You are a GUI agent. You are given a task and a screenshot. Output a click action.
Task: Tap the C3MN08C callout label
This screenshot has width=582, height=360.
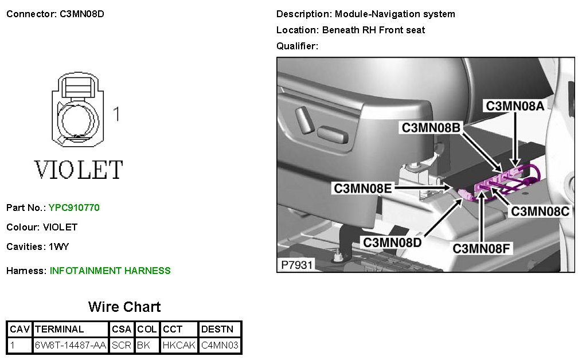click(540, 211)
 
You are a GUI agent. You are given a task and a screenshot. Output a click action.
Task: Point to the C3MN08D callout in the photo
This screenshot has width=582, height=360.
click(392, 242)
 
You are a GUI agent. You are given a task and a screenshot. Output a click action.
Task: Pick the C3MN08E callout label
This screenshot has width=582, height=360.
click(363, 188)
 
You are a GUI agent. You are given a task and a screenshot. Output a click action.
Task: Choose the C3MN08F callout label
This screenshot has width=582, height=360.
click(482, 249)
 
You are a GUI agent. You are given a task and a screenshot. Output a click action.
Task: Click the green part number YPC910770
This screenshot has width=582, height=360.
click(74, 208)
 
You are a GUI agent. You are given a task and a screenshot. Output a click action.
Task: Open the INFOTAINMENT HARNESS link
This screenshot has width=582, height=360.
click(110, 271)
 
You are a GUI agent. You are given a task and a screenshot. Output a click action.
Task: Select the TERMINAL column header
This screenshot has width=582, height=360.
click(60, 329)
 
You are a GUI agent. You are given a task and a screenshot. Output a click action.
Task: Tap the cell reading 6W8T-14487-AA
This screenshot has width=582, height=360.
click(71, 345)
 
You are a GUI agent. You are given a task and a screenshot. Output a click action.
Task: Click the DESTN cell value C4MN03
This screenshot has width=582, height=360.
click(220, 345)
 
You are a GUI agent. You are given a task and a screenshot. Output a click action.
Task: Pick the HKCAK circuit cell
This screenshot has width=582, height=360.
click(179, 345)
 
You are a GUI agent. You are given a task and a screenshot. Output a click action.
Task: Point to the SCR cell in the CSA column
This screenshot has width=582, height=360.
click(122, 345)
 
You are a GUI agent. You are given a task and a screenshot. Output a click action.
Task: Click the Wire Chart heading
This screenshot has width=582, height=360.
click(124, 307)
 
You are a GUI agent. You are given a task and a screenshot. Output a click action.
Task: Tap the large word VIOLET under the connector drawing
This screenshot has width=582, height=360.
click(79, 170)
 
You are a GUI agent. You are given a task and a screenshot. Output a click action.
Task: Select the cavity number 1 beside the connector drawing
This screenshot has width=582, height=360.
click(116, 114)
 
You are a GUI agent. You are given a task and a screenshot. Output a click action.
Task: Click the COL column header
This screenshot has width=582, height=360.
click(147, 329)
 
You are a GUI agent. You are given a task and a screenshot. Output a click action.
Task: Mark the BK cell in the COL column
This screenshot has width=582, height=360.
click(143, 345)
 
